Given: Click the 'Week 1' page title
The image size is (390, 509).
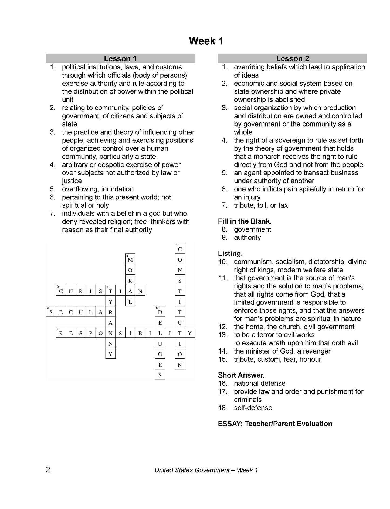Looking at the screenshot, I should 206,41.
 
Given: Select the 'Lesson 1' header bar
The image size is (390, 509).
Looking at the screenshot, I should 120,58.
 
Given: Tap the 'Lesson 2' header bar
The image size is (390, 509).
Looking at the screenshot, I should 292,58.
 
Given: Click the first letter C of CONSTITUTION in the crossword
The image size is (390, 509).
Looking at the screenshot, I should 180,249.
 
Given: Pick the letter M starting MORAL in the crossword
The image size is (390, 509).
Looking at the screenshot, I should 130,260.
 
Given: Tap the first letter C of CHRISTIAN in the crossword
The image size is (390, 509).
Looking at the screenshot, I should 61,291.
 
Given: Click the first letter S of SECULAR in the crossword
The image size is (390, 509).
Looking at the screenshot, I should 51,312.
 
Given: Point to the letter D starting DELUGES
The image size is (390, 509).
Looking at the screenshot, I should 160,312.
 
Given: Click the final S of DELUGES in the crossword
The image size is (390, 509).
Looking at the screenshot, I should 160,375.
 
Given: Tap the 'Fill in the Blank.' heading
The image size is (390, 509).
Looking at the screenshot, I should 245,221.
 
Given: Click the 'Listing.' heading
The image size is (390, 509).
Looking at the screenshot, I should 230,254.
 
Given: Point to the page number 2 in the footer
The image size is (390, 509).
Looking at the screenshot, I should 48,470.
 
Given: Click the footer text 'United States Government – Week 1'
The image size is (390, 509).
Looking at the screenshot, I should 206,470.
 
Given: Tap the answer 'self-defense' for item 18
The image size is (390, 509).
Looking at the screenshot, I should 253,408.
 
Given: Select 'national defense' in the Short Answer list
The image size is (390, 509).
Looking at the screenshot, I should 259,383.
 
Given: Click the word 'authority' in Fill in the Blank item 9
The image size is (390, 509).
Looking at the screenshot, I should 247,238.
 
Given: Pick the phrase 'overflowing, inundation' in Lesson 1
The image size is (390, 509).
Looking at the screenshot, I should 98,189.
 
